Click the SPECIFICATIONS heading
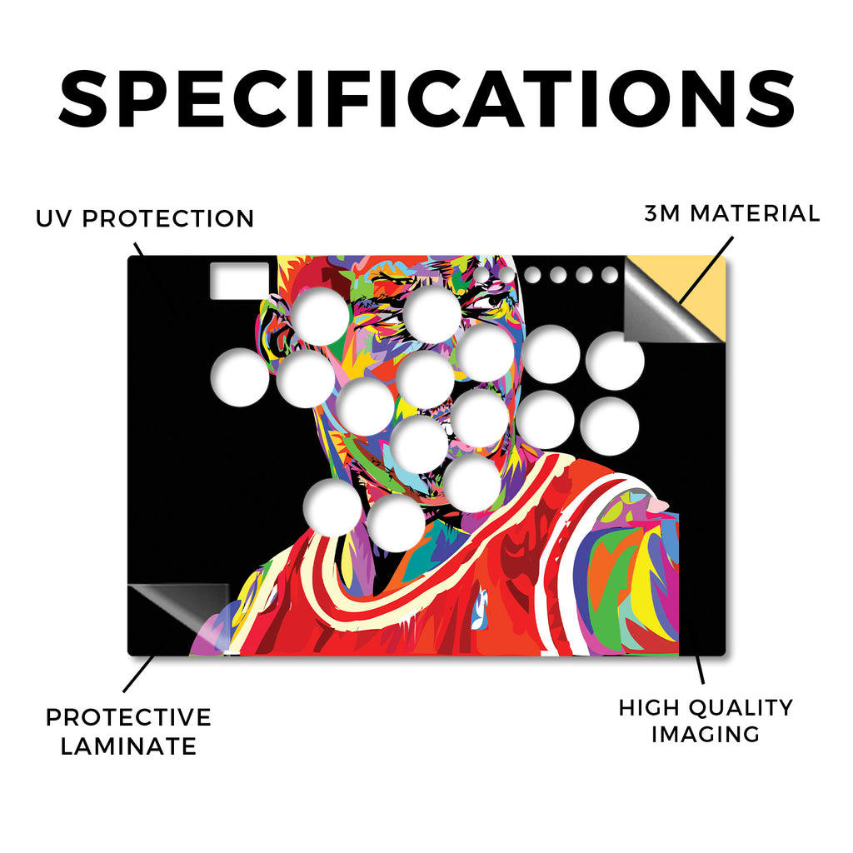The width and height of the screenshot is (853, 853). (x=427, y=99)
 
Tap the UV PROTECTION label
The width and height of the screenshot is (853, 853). (x=145, y=219)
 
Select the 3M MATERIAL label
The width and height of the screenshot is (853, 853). (x=731, y=213)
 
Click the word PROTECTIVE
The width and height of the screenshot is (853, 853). (x=128, y=717)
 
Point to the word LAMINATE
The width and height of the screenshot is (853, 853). (x=128, y=746)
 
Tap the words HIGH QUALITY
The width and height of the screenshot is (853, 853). (x=706, y=708)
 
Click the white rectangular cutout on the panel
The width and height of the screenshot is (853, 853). (x=239, y=281)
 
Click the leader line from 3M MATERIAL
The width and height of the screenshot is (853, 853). (x=706, y=270)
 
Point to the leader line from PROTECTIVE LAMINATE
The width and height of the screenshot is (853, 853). (x=139, y=674)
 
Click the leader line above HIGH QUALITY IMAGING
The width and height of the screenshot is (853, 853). (x=700, y=669)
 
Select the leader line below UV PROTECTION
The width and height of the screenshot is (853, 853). (x=139, y=250)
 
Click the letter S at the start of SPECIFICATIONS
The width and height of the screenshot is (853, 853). (x=83, y=99)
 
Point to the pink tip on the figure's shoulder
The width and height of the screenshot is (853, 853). (x=658, y=505)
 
